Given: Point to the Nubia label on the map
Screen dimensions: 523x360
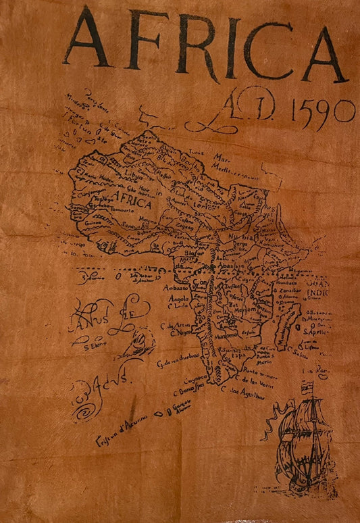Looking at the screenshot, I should click(247, 239).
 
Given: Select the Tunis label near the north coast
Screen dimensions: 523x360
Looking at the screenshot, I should click(197, 153).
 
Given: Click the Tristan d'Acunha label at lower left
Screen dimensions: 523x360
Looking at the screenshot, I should click(118, 422).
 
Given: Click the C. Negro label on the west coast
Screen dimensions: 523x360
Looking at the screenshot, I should click(182, 333).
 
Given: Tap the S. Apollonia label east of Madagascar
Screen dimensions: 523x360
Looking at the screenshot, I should click(317, 331).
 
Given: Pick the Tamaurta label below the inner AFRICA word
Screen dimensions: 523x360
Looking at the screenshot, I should click(138, 211).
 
